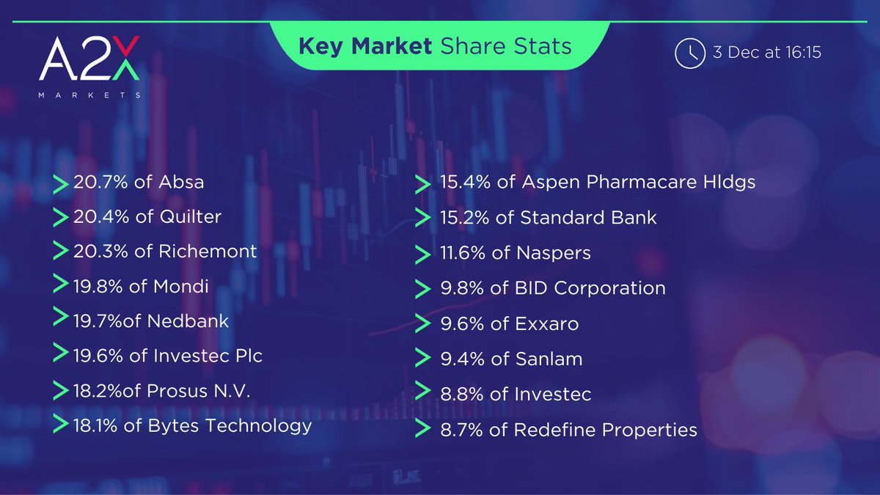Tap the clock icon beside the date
point(689,53)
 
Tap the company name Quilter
point(189,217)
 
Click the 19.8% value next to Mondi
point(99,286)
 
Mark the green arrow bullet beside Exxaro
point(422,324)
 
